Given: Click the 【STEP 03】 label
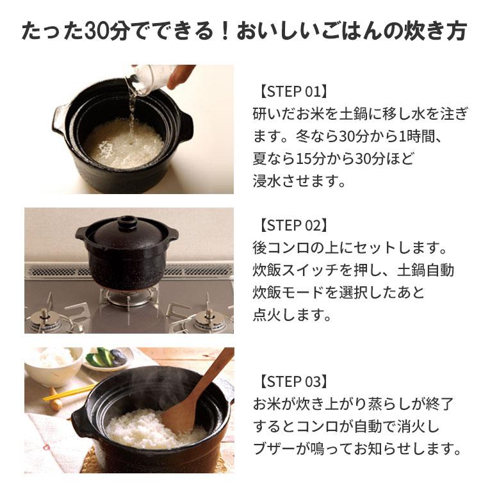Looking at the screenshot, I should [x=293, y=382].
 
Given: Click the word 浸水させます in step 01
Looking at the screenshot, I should [x=299, y=181].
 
